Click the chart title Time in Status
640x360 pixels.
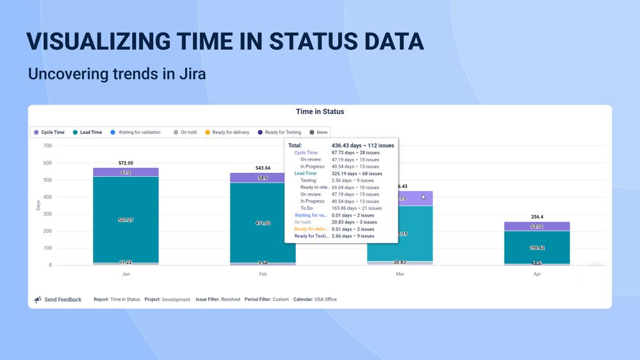(320, 111)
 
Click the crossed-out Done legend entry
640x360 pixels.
(320, 133)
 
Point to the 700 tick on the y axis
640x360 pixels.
(47, 146)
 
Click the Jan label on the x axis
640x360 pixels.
(126, 274)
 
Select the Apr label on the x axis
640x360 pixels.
(537, 274)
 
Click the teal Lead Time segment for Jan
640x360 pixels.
(126, 220)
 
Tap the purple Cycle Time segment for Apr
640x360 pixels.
(537, 226)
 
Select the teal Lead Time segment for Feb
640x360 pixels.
(263, 223)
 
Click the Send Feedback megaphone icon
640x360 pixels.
(38, 299)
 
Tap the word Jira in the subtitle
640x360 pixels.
(190, 74)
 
